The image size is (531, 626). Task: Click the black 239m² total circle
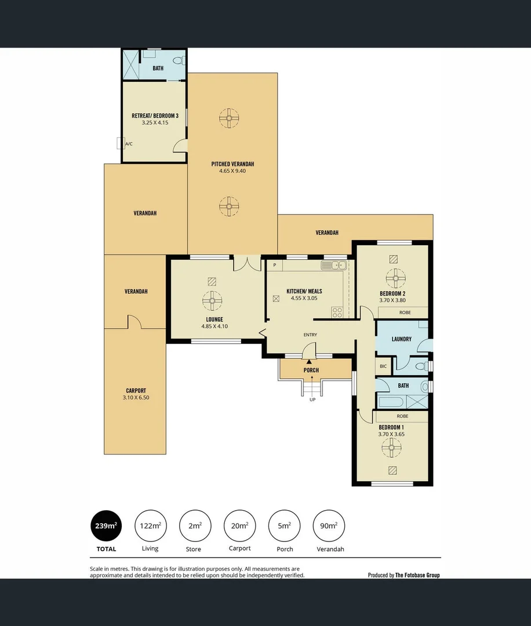(x=106, y=526)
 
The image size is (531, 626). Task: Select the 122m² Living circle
(x=150, y=526)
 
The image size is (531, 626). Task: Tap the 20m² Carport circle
(x=239, y=526)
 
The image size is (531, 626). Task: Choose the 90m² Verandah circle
(x=329, y=526)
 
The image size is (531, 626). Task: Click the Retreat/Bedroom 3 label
(x=154, y=116)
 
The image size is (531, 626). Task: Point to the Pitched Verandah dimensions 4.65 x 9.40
(x=232, y=171)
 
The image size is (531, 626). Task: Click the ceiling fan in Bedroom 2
(x=397, y=278)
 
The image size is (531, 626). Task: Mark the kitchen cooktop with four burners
(x=337, y=312)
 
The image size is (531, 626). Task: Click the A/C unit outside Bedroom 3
(x=120, y=143)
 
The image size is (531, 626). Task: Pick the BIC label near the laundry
(x=383, y=366)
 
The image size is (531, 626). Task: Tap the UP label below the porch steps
(x=312, y=400)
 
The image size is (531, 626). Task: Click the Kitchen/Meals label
(x=304, y=292)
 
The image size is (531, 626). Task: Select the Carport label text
(x=136, y=391)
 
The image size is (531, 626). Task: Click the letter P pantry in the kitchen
(x=274, y=265)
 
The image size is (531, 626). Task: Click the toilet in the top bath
(x=181, y=60)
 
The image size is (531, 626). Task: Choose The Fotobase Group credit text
(x=417, y=575)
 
